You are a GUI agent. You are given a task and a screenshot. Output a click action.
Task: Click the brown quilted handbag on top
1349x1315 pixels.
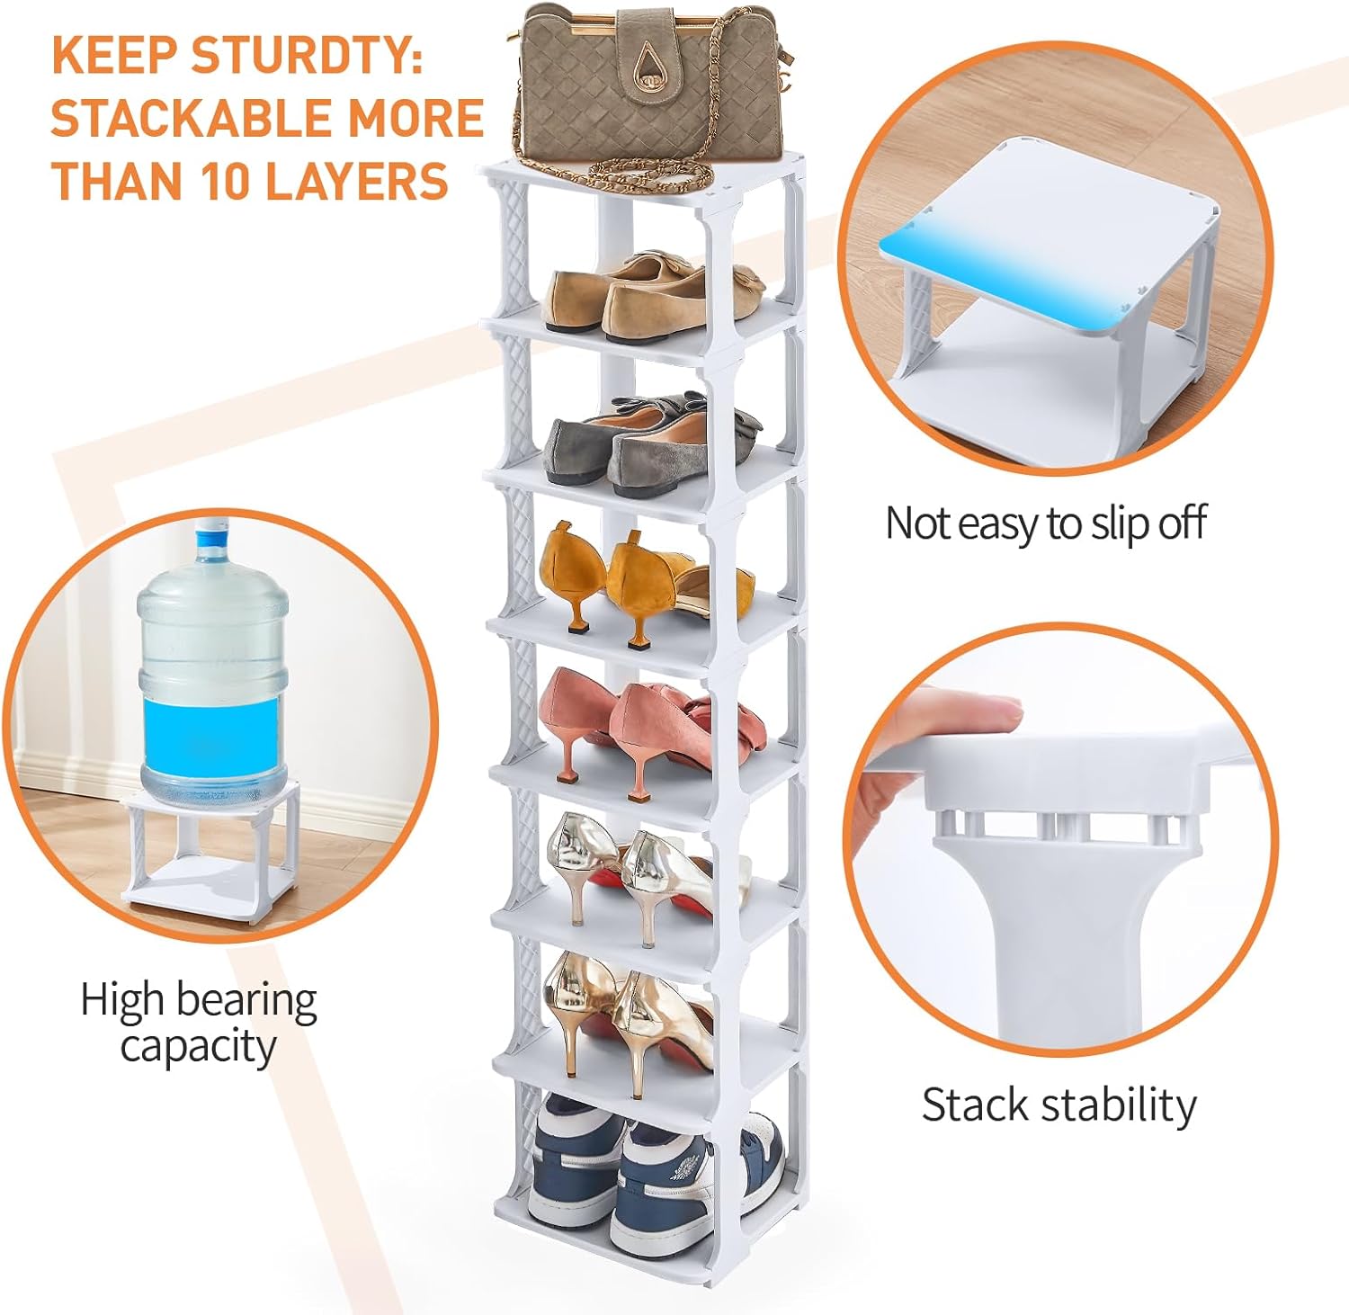pyautogui.click(x=648, y=90)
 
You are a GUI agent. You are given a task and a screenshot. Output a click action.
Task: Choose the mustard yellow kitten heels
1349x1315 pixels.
pyautogui.click(x=643, y=580)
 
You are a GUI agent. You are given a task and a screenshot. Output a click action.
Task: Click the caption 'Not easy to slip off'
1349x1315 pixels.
pyautogui.click(x=1045, y=523)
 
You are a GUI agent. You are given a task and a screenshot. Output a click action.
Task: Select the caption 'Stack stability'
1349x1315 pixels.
pyautogui.click(x=1059, y=1105)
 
